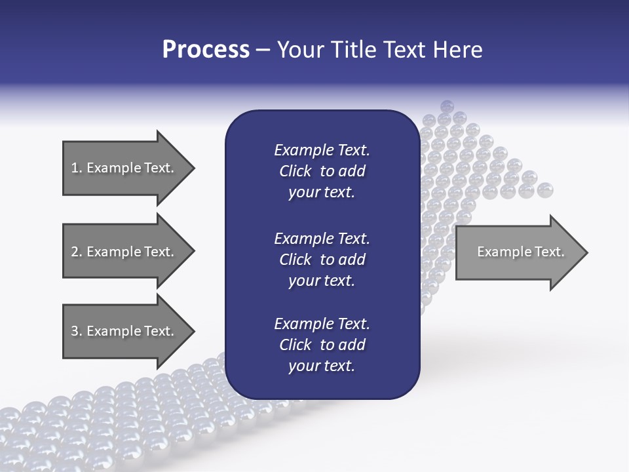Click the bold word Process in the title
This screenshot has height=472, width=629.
click(206, 50)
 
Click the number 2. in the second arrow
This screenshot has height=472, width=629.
click(77, 252)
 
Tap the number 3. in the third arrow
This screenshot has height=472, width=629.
click(77, 331)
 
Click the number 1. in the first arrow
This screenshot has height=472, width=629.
click(77, 168)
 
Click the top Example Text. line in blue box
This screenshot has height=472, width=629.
click(322, 150)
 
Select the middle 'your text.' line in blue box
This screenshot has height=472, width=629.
click(322, 281)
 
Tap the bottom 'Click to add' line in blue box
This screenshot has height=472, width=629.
click(322, 345)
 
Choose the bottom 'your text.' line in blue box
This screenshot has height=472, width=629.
click(322, 366)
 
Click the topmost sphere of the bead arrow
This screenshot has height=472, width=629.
click(447, 106)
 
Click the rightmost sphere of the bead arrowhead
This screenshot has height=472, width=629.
click(544, 191)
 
